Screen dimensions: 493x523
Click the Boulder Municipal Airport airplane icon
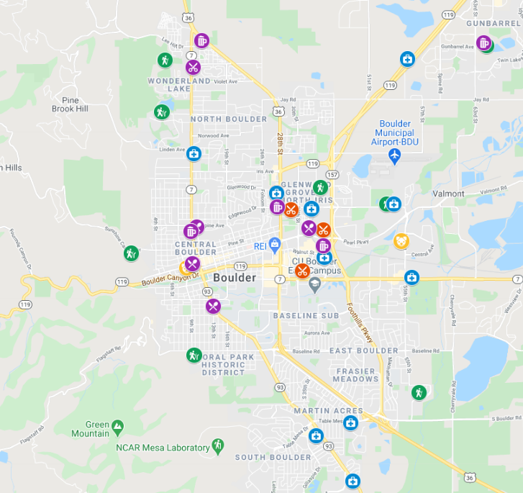394,155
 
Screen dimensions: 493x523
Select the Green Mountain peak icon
117,426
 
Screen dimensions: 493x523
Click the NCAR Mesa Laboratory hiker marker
217,446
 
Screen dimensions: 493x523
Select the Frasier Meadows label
355,374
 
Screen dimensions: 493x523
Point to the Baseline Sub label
306,316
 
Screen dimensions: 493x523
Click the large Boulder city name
235,278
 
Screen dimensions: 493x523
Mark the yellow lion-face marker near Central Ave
402,240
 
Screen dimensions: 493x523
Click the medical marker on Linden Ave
194,153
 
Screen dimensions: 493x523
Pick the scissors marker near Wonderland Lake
193,68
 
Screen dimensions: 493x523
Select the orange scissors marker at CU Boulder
303,271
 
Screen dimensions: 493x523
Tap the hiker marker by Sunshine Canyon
131,253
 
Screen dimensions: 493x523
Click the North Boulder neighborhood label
229,119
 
